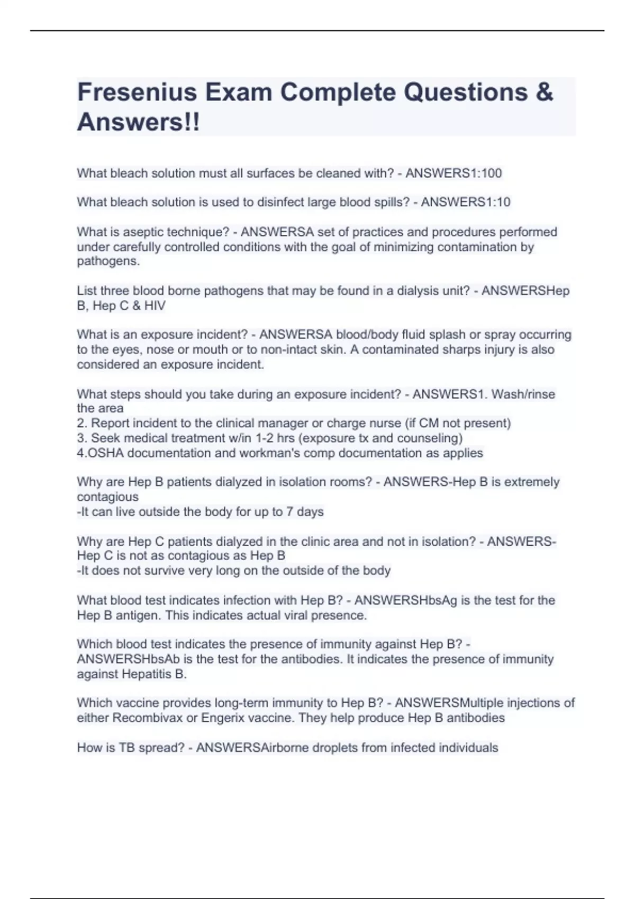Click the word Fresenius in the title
137,93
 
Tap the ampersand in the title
544,93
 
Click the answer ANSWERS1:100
453,173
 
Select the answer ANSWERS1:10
466,202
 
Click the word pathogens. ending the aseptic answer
108,261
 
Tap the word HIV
155,306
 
